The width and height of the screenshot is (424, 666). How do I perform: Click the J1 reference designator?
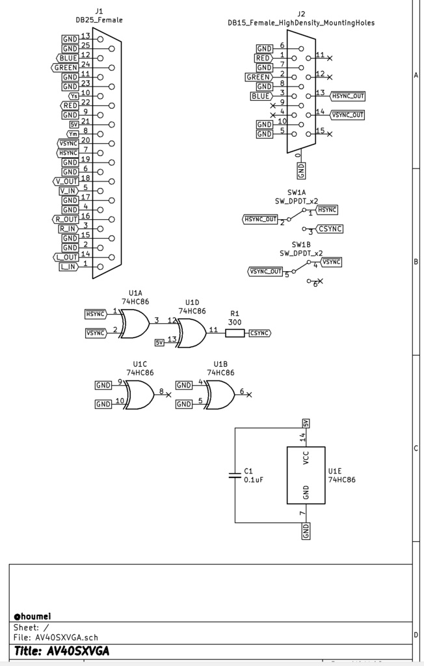coord(99,11)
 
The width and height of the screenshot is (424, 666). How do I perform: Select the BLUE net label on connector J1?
coord(68,58)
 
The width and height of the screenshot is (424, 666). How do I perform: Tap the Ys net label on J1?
coord(73,96)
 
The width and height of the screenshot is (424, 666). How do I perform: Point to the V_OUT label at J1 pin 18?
coord(67,181)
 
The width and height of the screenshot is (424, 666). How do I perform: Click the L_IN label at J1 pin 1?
coord(68,267)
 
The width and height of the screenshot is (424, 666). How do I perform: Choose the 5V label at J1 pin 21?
coord(73,124)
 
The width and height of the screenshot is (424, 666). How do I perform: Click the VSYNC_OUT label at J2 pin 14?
coord(348,115)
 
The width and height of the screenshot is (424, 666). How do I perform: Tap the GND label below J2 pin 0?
coord(301,171)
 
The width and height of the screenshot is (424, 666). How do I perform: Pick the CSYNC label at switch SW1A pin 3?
coord(330,229)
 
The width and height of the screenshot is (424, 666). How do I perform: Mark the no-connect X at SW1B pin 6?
coord(319,281)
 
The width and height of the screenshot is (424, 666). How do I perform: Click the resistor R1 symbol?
coord(235,334)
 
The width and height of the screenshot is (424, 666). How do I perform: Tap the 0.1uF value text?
coord(252,479)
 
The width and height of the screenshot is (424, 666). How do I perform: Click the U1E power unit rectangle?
coord(306,475)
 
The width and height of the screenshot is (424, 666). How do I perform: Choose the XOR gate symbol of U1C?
coord(139,394)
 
